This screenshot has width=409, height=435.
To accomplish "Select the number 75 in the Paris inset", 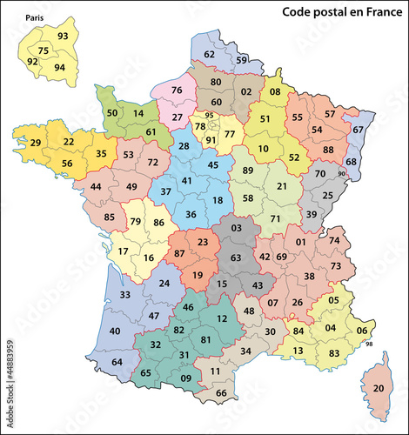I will point(43,51).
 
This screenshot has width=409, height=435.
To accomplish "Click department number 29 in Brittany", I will point(36,143).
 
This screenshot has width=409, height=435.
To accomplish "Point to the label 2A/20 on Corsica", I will point(378,387).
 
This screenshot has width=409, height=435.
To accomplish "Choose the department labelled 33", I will point(124,295).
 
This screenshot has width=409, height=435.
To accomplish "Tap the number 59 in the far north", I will point(243,60).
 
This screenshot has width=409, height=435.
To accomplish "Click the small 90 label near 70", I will point(341,174).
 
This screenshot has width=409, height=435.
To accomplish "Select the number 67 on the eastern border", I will point(358,129).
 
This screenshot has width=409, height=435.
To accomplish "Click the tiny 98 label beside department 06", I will point(368,345).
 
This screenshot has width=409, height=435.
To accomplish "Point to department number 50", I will point(112,113).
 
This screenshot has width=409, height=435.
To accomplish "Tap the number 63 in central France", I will point(235,258).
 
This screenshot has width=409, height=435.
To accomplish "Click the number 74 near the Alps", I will point(335,241).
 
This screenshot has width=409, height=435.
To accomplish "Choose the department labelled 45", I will point(211,165).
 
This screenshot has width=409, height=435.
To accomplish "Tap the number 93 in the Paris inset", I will point(63,37).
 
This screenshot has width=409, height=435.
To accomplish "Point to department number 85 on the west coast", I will point(109,217).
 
